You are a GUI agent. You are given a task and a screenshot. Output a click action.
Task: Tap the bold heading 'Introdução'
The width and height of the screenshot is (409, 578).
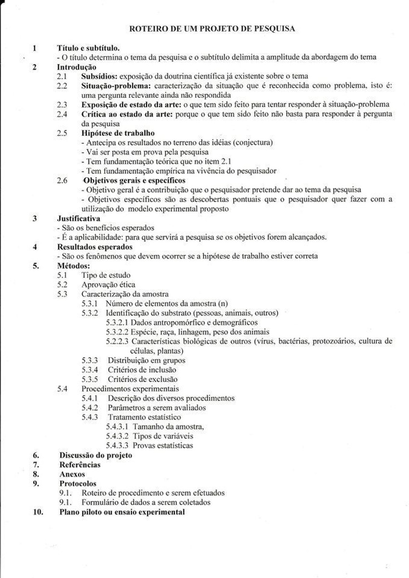tap(77, 67)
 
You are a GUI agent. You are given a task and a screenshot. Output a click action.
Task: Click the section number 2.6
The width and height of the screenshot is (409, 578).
tap(62, 180)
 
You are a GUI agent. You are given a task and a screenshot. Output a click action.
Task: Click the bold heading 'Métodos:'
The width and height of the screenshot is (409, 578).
tap(74, 265)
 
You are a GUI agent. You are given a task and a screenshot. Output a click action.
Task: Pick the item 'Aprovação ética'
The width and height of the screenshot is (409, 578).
tap(108, 284)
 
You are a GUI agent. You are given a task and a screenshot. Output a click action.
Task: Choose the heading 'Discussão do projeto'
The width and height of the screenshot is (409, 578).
tap(95, 455)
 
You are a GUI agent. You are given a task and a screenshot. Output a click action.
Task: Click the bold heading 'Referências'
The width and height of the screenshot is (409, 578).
tap(80, 464)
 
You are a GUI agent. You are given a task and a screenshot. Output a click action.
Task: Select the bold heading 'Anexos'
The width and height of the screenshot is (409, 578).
tap(72, 474)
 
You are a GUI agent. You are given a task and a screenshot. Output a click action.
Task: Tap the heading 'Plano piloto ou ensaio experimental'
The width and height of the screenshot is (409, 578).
tap(122, 512)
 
